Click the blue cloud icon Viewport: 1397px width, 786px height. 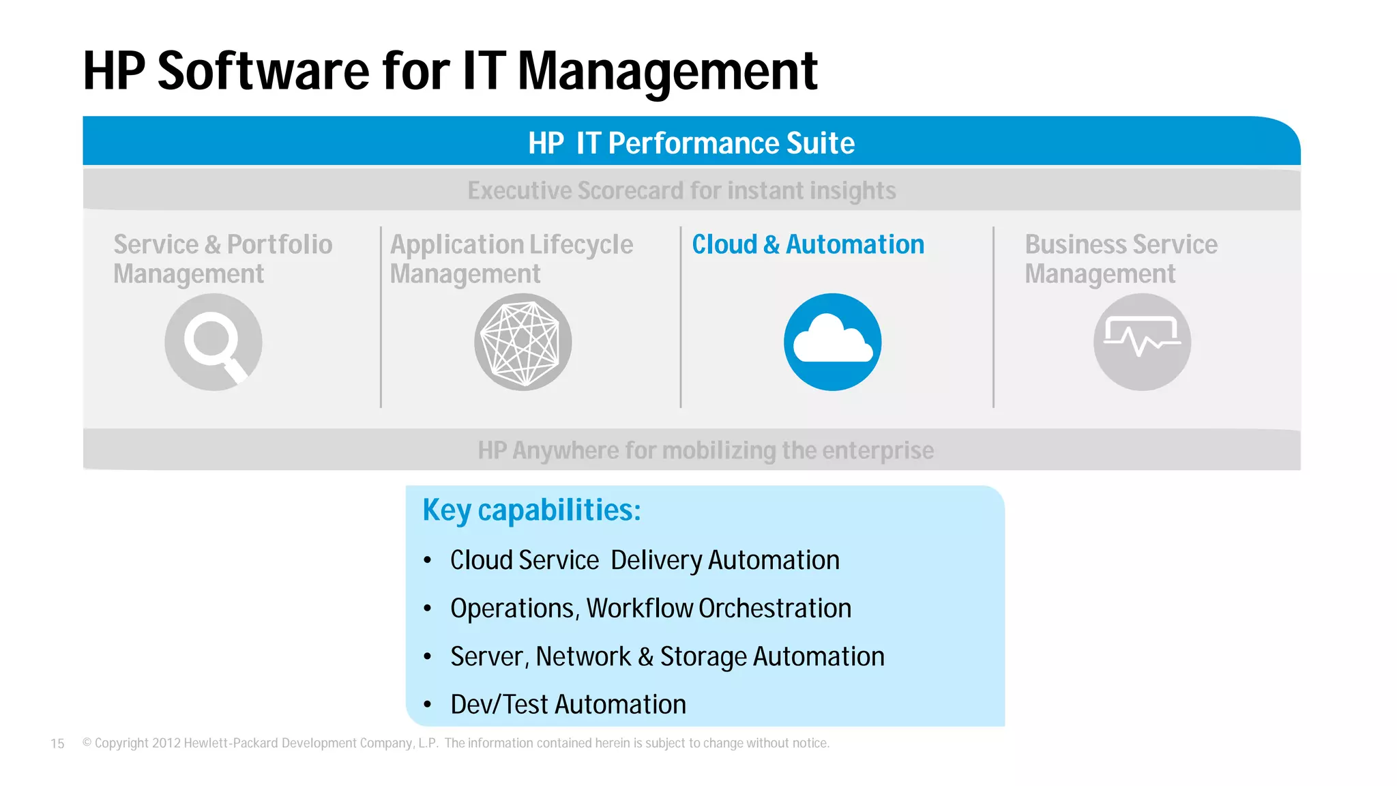point(832,342)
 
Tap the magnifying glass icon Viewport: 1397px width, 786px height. point(213,342)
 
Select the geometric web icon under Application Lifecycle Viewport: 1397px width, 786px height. point(523,342)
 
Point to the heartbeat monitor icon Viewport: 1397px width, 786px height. point(1142,342)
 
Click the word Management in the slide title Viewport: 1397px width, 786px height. point(667,72)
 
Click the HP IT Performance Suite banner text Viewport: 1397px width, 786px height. point(691,143)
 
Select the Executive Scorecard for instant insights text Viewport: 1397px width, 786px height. point(681,190)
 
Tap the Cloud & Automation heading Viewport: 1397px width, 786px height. point(808,244)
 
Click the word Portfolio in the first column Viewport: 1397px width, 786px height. point(280,244)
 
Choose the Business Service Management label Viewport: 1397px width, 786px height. point(1120,259)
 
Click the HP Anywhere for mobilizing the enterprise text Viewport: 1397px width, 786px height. point(705,450)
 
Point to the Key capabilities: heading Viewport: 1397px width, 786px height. point(531,510)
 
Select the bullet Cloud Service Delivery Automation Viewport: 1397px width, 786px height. point(645,560)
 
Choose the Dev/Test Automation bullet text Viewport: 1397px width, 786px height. point(568,705)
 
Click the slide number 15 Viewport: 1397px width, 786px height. point(57,744)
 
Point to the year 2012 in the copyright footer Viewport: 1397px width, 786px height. point(166,743)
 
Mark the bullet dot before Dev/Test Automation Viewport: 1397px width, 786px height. point(428,705)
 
